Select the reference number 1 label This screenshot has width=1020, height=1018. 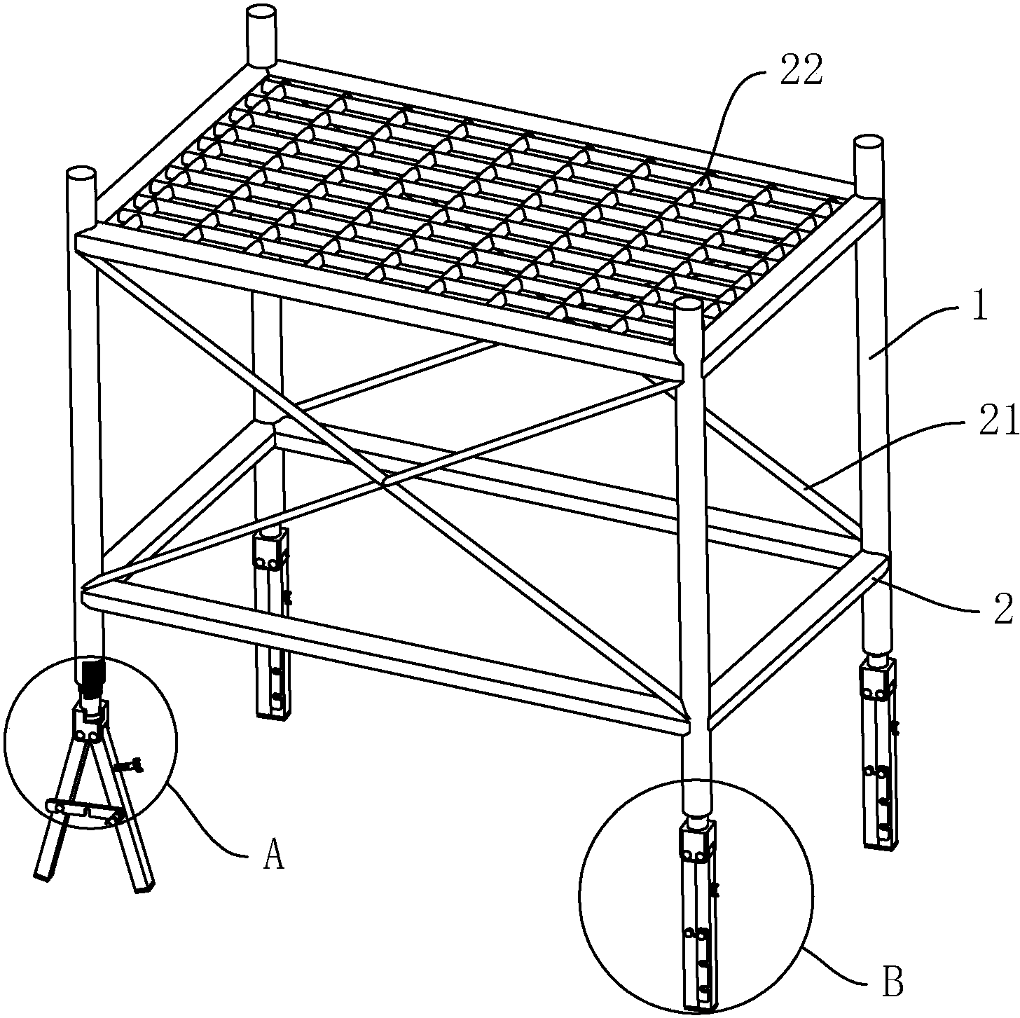(980, 306)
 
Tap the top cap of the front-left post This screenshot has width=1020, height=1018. (81, 175)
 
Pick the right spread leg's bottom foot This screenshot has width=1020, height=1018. (144, 890)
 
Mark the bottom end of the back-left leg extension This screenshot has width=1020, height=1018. (273, 714)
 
